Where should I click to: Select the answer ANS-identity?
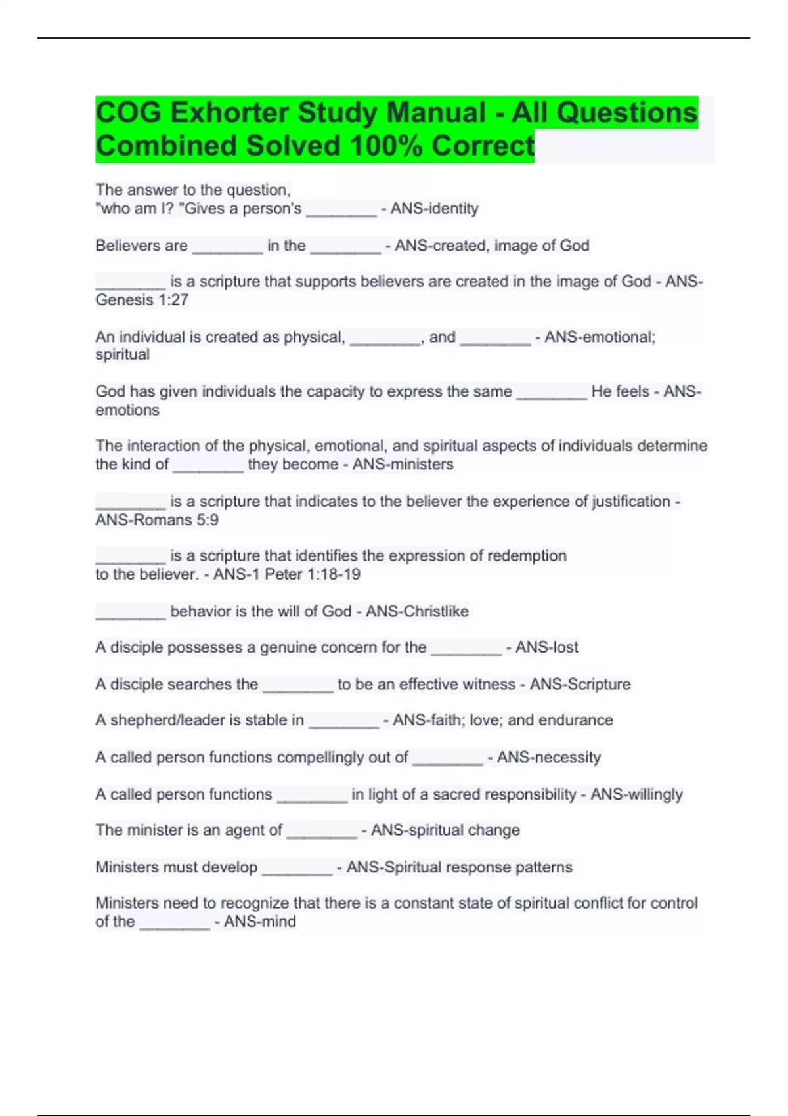[x=434, y=209]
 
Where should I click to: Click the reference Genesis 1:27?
[x=142, y=300]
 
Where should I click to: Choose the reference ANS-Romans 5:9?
[x=157, y=520]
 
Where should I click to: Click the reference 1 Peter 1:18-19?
[x=313, y=574]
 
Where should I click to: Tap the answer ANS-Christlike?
[x=417, y=611]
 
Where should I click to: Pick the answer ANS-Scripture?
[x=580, y=684]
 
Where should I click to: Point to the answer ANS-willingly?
[x=636, y=794]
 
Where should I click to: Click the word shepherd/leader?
[x=162, y=720]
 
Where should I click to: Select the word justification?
[x=631, y=502]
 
